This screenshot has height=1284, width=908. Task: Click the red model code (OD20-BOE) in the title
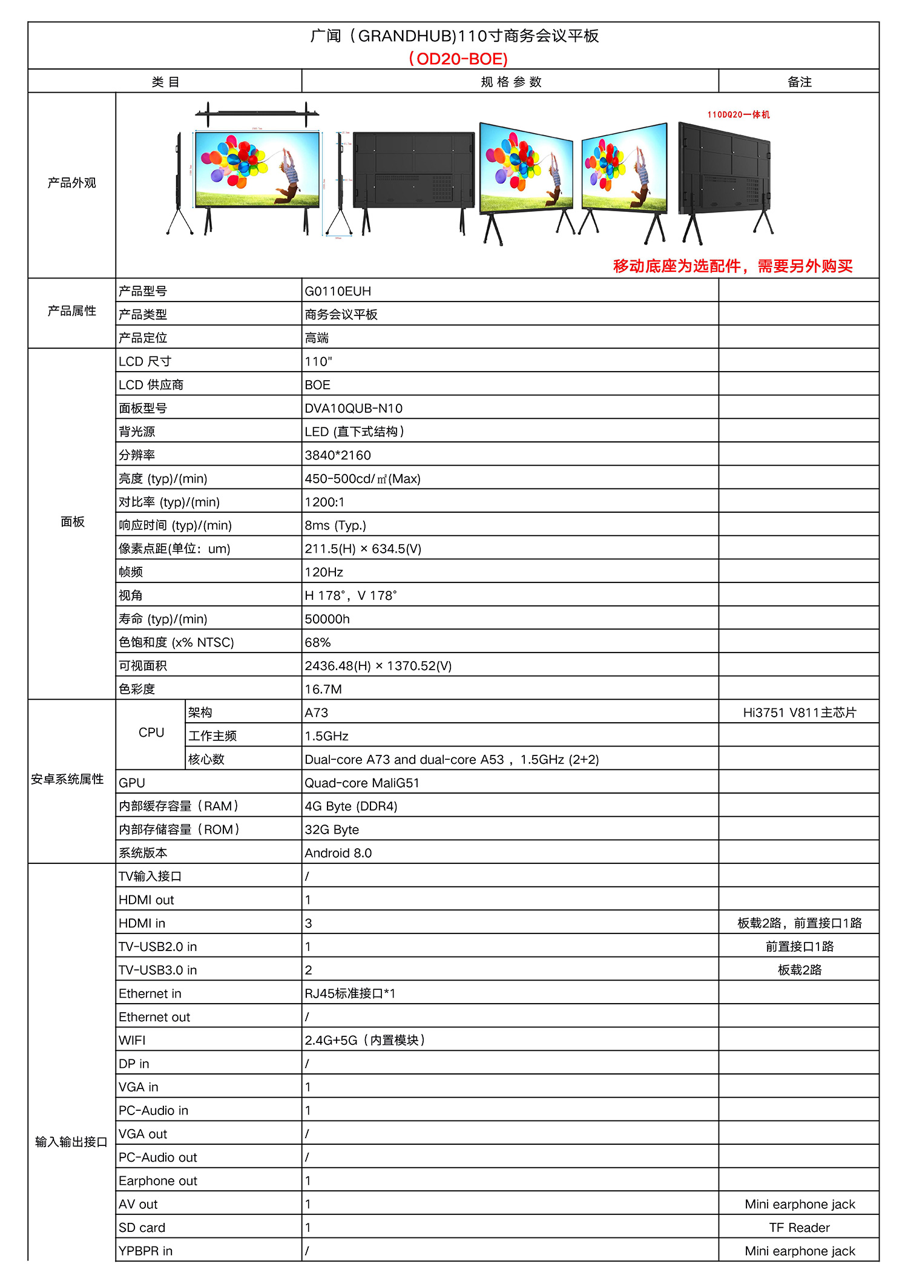tap(458, 59)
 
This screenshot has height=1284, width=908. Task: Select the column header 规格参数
tap(511, 82)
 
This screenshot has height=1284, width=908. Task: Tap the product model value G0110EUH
tap(338, 291)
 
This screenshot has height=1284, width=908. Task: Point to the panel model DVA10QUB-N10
tap(354, 409)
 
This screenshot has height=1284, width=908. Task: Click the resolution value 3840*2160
tap(338, 455)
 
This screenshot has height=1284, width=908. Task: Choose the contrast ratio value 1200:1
tap(324, 502)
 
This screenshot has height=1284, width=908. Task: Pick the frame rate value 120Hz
tap(324, 572)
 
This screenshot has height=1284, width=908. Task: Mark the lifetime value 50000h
tap(327, 619)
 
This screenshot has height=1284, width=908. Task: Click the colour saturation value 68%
tap(318, 642)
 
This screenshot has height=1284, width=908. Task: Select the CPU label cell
tap(151, 733)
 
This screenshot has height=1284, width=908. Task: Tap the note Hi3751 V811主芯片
tap(800, 713)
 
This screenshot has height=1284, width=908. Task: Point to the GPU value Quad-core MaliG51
tap(362, 783)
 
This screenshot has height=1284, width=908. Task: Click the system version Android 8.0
tap(338, 853)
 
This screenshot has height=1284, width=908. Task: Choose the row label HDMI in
tap(142, 923)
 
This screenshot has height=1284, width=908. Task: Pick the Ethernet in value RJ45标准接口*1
tap(350, 993)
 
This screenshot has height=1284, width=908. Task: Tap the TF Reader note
tap(800, 1228)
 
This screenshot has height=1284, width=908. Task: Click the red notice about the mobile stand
tap(732, 266)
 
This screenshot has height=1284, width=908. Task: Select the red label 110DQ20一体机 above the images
tap(739, 114)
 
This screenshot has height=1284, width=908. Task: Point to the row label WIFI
tap(132, 1040)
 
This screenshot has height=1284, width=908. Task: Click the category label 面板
tap(72, 522)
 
